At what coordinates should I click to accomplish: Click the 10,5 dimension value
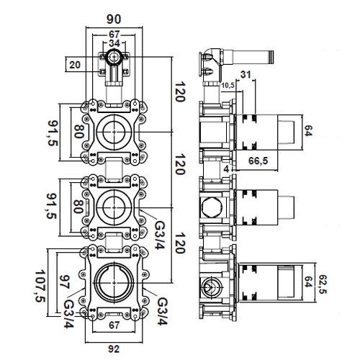228,86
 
